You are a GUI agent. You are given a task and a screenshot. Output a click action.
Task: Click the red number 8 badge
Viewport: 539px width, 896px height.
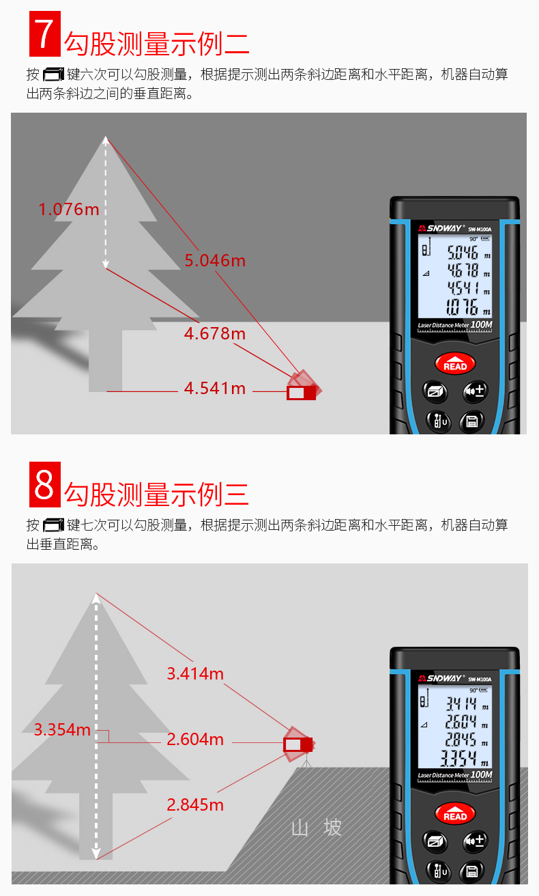point(44,484)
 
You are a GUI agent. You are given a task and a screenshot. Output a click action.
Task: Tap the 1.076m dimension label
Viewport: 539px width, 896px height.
point(69,209)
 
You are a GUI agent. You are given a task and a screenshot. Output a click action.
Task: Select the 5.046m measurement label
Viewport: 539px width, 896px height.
point(215,260)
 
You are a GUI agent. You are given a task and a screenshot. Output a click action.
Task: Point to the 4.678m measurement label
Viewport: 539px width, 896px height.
point(215,333)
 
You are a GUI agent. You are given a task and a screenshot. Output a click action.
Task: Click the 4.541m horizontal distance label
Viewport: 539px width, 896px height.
point(215,389)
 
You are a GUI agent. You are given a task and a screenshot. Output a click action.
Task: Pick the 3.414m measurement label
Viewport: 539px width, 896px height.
point(195,673)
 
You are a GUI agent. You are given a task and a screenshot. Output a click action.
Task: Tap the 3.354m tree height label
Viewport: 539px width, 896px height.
point(62,729)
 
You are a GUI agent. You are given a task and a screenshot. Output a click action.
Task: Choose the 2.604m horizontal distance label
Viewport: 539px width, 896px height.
point(195,739)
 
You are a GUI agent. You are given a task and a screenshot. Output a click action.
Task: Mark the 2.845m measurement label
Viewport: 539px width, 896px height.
point(195,804)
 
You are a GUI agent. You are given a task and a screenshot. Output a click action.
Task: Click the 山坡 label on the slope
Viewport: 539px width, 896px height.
point(317,828)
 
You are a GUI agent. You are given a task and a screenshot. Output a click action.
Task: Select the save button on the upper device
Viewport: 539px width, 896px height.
point(471,421)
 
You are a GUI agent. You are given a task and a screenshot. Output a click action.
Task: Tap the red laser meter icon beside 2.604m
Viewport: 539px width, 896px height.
point(298,744)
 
